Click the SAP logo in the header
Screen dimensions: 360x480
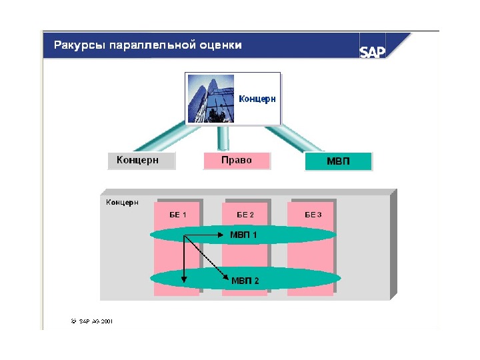point(373,51)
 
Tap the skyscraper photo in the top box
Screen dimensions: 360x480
point(211,98)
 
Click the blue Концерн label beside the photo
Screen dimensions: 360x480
point(257,98)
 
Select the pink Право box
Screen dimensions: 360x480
point(237,161)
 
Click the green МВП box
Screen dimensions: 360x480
point(337,162)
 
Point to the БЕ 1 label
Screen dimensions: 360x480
point(177,215)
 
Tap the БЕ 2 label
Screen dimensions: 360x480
point(245,215)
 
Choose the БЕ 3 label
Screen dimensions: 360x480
point(313,215)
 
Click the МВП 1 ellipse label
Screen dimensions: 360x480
point(243,235)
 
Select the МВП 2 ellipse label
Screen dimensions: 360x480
point(245,281)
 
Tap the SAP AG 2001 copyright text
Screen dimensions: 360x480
point(92,321)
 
